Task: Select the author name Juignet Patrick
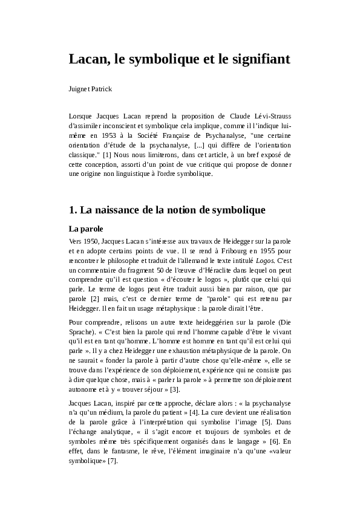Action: point(91,89)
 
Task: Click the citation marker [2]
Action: point(95,299)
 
